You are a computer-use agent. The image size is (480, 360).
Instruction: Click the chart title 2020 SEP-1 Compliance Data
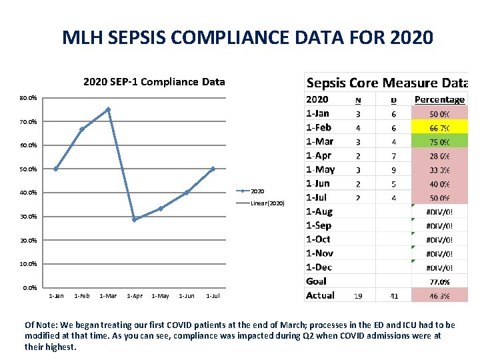[154, 82]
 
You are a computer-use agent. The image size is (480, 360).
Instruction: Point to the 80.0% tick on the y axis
[29, 98]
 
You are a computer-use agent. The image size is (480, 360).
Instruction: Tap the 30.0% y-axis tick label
[29, 217]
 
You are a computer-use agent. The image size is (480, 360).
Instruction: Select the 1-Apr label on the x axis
[134, 296]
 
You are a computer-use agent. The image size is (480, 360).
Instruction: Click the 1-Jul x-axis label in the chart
[213, 296]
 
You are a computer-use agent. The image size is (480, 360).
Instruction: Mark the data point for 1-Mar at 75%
[108, 110]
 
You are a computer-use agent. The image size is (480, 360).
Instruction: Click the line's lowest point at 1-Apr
[134, 219]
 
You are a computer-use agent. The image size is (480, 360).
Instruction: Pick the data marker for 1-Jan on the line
[56, 169]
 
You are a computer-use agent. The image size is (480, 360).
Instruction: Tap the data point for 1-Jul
[213, 169]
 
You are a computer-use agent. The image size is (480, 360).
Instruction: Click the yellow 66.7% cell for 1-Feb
[439, 127]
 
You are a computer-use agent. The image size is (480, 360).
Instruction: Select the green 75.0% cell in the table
[439, 141]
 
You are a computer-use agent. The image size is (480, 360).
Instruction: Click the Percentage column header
[439, 99]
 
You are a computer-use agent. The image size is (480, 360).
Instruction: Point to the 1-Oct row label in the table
[318, 239]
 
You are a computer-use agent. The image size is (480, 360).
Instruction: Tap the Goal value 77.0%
[439, 282]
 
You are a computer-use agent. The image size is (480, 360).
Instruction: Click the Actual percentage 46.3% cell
[439, 295]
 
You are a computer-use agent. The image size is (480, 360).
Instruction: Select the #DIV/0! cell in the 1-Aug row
[439, 211]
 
